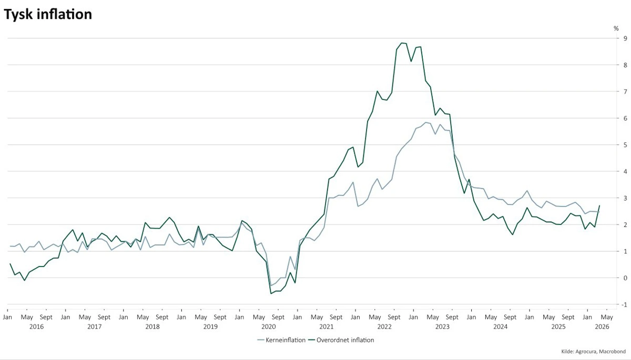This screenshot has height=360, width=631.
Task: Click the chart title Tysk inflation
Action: tap(48, 15)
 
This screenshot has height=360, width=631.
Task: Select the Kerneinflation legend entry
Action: tap(286, 340)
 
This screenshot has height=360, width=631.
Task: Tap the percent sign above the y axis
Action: tap(616, 28)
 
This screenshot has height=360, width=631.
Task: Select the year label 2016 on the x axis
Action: tap(36, 327)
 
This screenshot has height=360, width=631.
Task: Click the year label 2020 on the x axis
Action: tap(268, 327)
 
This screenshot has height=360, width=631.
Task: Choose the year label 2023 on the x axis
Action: tap(442, 327)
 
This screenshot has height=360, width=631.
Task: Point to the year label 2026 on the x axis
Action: tap(602, 327)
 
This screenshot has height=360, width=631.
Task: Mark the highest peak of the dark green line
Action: tap(401, 43)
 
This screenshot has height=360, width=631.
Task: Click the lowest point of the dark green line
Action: tap(271, 293)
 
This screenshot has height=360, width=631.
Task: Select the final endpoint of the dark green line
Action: tap(599, 205)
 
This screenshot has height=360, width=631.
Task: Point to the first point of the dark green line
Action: tap(10, 264)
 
